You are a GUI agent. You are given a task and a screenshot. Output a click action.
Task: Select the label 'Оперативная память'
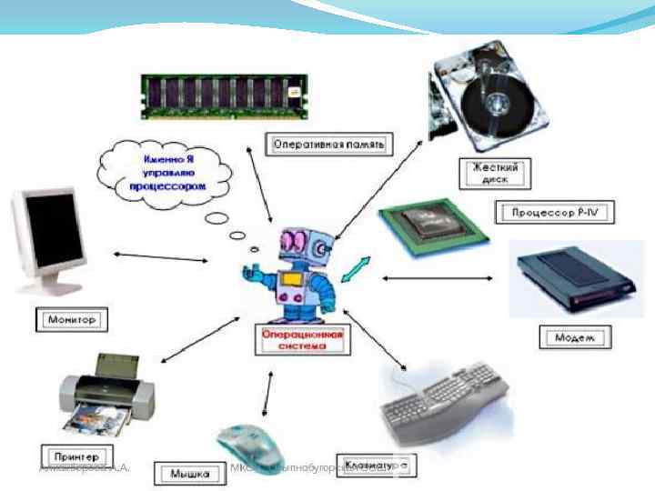330,144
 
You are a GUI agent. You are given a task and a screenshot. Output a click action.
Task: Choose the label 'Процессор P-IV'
555,214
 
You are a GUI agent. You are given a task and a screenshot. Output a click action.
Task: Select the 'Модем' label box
576,337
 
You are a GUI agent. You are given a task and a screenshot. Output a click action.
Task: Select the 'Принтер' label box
76,455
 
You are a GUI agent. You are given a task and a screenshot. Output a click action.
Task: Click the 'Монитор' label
71,320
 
